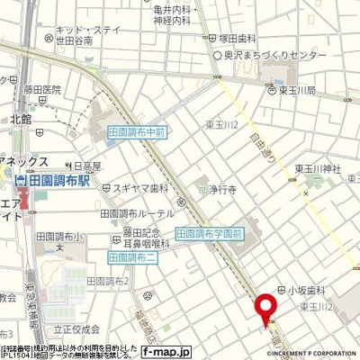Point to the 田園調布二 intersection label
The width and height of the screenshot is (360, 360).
pyautogui.click(x=134, y=257)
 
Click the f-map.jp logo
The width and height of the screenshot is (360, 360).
pyautogui.click(x=167, y=352)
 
